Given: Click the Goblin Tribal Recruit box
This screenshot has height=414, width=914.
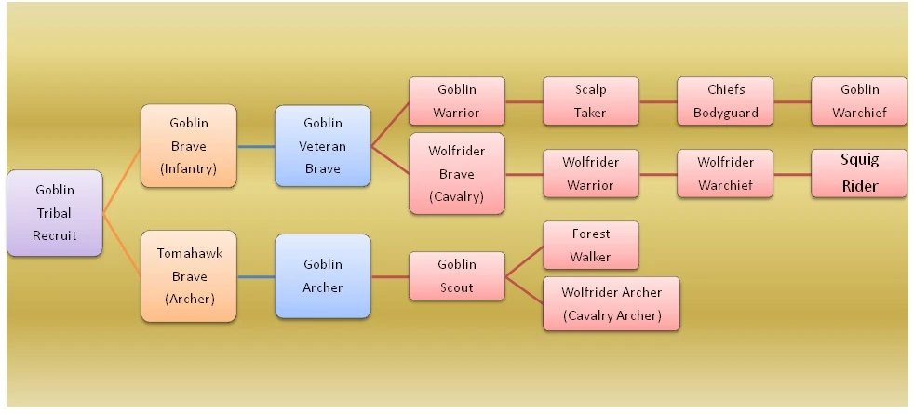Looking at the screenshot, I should pos(54,213).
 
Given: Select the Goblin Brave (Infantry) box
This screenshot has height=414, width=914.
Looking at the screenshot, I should pos(189,146).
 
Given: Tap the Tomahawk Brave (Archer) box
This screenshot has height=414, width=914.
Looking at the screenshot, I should pos(189,276).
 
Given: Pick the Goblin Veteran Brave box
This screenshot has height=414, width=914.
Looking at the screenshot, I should pos(323,146).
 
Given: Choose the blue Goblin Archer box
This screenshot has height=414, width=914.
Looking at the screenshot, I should pos(323,276).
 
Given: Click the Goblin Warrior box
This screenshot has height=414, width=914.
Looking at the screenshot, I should pos(456,101).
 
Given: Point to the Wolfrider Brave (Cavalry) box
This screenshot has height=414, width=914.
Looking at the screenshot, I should pos(456,174).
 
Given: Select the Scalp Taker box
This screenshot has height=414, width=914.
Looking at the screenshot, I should pos(590,101).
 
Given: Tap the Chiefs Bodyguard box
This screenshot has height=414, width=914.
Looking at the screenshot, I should pos(725,101).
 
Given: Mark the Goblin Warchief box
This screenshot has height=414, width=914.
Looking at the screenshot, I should pos(858,101).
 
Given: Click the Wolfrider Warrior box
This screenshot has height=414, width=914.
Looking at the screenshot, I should pos(590,174).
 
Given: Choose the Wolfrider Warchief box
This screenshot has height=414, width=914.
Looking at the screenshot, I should pos(725,174).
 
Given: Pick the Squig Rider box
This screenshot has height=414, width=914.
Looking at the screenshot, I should pos(858,174).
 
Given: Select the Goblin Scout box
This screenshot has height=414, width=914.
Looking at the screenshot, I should pos(456,276).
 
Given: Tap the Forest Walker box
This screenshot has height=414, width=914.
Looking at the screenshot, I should pos(590,246).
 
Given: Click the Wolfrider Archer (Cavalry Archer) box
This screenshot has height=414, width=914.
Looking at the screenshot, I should pos(612,303).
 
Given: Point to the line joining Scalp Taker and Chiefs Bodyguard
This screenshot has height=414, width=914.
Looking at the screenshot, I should pos(658,101).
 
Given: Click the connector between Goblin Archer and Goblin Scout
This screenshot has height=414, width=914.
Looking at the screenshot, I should pos(390,276).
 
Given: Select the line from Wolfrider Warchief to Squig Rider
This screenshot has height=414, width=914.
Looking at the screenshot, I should pos(792,174).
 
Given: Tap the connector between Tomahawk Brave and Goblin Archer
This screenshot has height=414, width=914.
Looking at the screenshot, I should pos(256,276).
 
